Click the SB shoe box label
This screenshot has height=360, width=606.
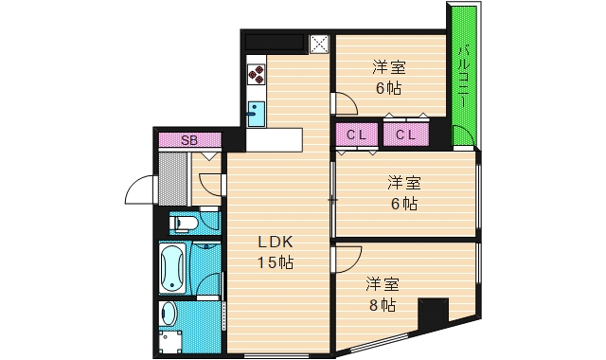pyautogui.click(x=189, y=140)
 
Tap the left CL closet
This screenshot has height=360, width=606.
pyautogui.click(x=356, y=135)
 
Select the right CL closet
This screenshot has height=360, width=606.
pyautogui.click(x=406, y=135)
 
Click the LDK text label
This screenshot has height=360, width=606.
pyautogui.click(x=276, y=241)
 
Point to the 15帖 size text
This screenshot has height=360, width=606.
pyautogui.click(x=276, y=262)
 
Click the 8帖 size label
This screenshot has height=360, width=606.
pyautogui.click(x=383, y=305)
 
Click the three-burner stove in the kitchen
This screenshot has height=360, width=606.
pyautogui.click(x=257, y=72)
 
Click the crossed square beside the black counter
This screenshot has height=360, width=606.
pyautogui.click(x=319, y=44)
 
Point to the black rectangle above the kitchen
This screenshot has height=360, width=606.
pyautogui.click(x=275, y=43)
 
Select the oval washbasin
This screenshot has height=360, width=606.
pyautogui.click(x=169, y=315)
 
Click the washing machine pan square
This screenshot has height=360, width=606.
pyautogui.click(x=170, y=341)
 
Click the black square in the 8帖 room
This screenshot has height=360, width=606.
pyautogui.click(x=433, y=311)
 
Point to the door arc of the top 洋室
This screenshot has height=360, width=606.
pyautogui.click(x=344, y=101)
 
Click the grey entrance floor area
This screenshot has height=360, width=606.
pyautogui.click(x=174, y=176)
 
